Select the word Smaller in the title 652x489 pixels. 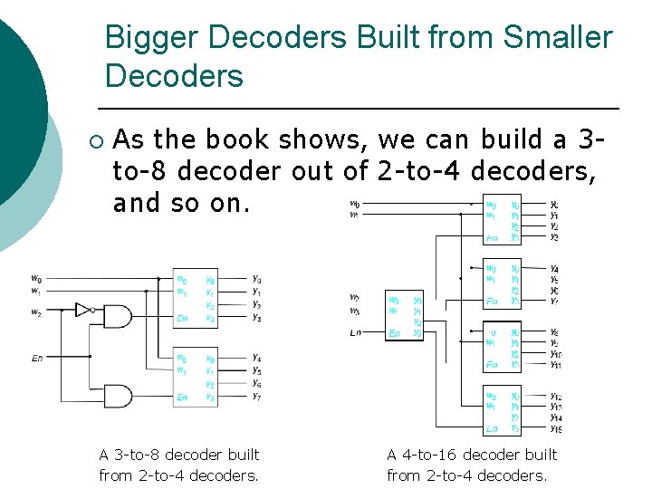[557, 38]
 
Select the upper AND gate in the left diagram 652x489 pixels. [118, 316]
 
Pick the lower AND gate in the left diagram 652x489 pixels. [118, 396]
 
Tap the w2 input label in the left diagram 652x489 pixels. [35, 312]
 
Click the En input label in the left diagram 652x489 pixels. [36, 359]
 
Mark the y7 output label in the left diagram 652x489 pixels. [256, 397]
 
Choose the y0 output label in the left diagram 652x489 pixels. [256, 279]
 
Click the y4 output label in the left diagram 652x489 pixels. [256, 357]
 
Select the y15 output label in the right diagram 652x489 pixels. [555, 428]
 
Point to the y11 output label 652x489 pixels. [555, 365]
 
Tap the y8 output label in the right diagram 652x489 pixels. [553, 332]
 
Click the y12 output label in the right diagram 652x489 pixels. [555, 396]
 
